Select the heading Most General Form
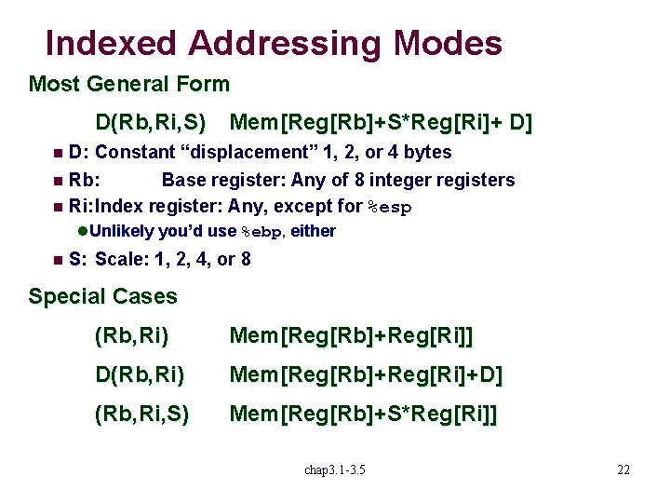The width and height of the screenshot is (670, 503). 129,85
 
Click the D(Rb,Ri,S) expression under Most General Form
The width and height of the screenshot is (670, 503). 151,123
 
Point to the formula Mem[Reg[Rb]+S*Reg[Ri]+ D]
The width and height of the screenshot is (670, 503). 381,123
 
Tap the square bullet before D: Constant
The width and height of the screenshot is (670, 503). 58,153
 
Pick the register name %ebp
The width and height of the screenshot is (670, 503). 262,232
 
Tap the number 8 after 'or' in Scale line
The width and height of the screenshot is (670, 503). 246,259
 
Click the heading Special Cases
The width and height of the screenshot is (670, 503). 102,297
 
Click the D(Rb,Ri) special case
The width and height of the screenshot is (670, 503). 140,375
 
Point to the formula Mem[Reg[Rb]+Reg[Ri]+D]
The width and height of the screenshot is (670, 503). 366,375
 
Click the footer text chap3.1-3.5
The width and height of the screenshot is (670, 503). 335,469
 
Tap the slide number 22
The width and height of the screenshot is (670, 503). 623,469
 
